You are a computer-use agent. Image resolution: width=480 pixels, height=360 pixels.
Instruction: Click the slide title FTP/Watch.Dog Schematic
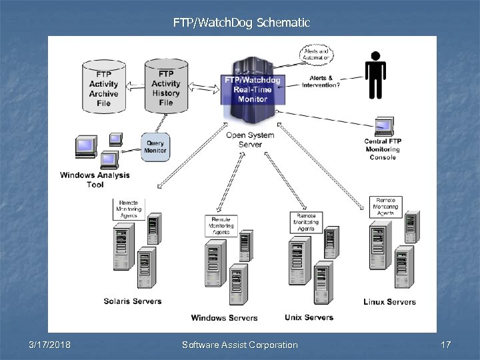tap(241, 23)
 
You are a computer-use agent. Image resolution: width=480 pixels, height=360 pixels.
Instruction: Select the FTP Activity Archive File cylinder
tap(103, 85)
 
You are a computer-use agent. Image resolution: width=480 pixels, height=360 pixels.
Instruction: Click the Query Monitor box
tap(155, 147)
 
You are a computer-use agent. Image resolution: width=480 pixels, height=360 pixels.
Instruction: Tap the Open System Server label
tap(250, 139)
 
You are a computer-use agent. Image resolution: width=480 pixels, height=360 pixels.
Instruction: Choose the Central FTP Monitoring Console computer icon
tap(383, 127)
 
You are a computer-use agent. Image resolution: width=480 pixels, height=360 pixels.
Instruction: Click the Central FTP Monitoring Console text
tap(383, 149)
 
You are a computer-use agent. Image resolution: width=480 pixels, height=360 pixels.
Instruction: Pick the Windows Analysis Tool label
tap(95, 179)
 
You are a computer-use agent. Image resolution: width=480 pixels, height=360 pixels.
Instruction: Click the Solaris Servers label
tap(133, 301)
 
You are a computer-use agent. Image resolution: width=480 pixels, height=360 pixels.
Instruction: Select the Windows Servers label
tap(224, 317)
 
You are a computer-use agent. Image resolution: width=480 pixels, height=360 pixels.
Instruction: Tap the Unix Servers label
tap(309, 317)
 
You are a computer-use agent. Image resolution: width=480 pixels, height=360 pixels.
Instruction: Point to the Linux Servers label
tap(389, 301)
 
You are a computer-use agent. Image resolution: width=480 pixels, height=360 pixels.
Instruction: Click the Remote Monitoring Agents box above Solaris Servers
tap(128, 209)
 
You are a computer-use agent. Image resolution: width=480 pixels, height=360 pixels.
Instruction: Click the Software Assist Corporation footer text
tap(240, 345)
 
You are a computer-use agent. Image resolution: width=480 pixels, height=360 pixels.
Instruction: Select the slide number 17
tap(446, 345)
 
